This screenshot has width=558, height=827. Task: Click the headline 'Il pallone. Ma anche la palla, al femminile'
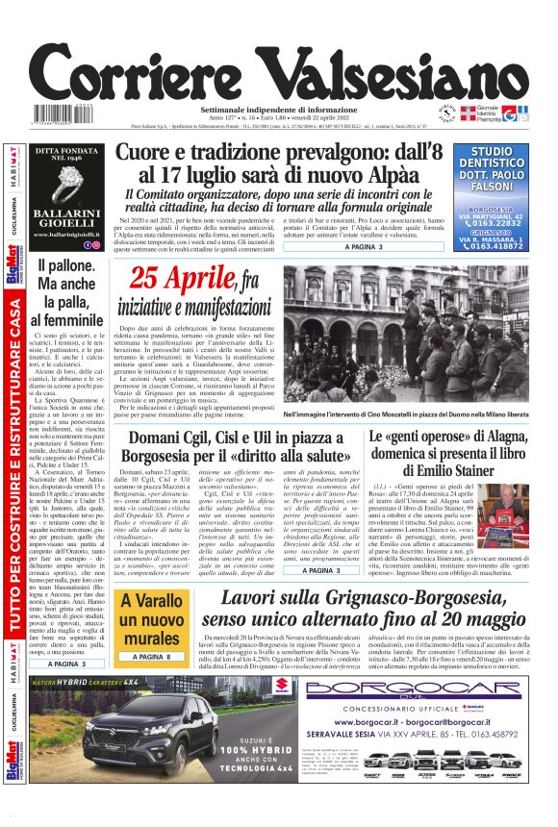coord(66,290)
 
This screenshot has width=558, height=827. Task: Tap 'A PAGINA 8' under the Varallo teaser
coord(151,655)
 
